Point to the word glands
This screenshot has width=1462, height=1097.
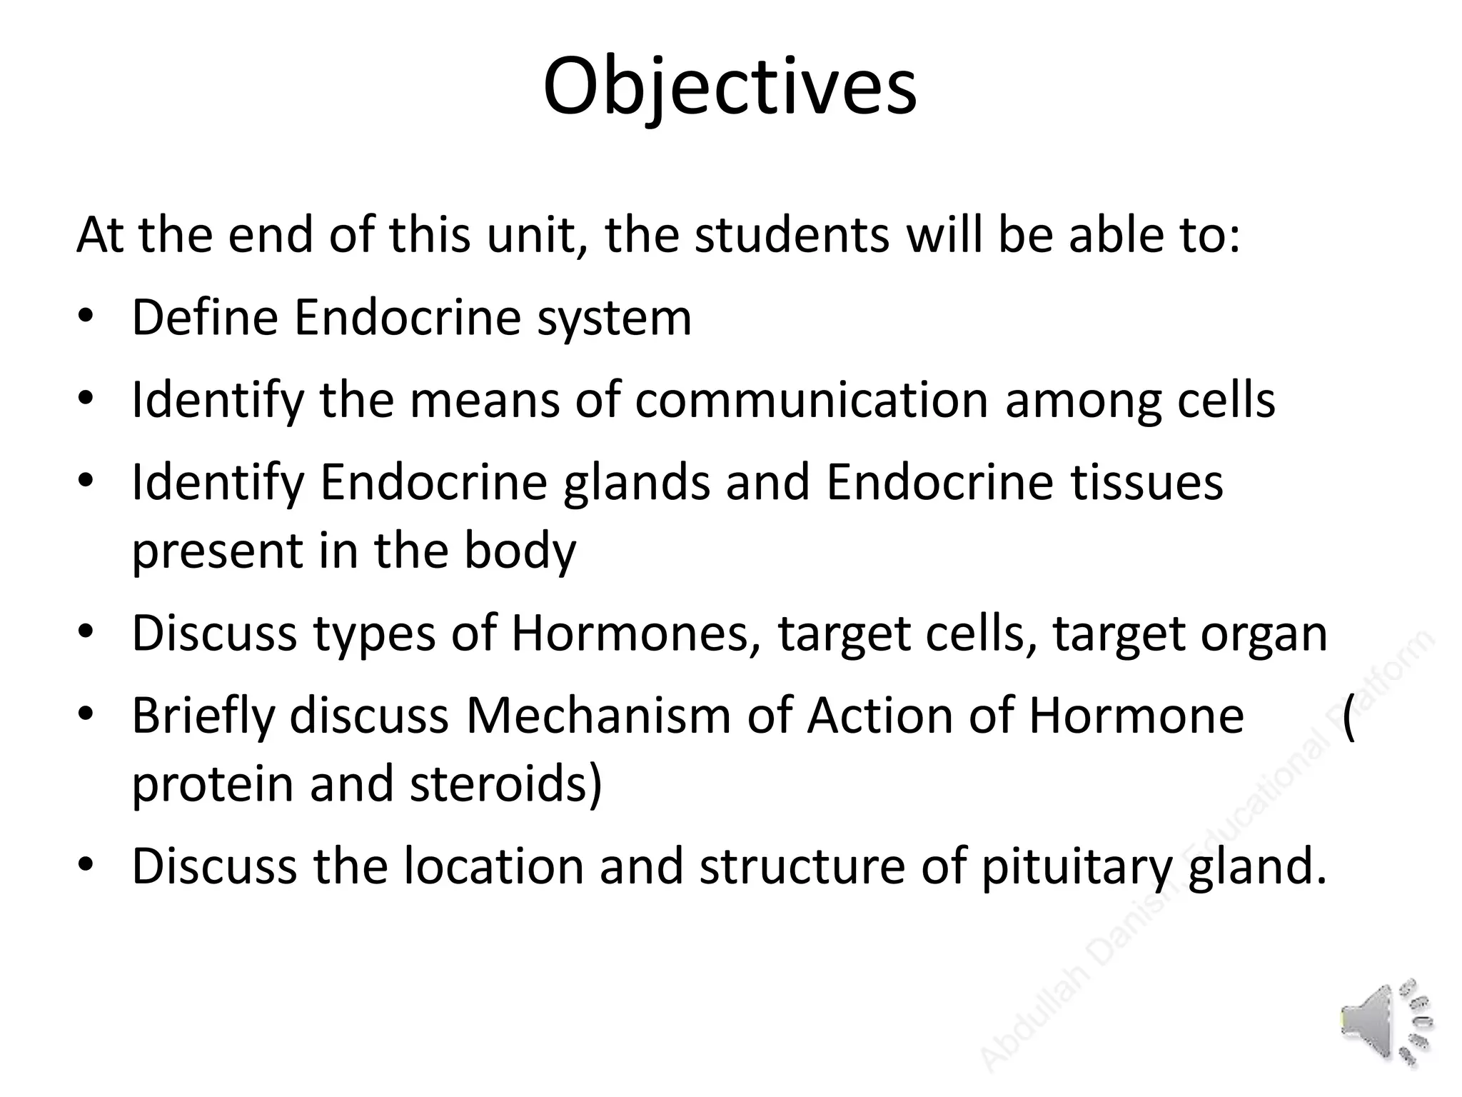(636, 483)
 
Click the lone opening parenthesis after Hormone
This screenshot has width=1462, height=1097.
(1348, 717)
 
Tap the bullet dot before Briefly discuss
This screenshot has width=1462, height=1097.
(86, 714)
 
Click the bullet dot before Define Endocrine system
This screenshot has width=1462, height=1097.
(86, 317)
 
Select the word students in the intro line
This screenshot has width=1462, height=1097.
(792, 235)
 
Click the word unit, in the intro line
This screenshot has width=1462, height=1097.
(533, 235)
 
